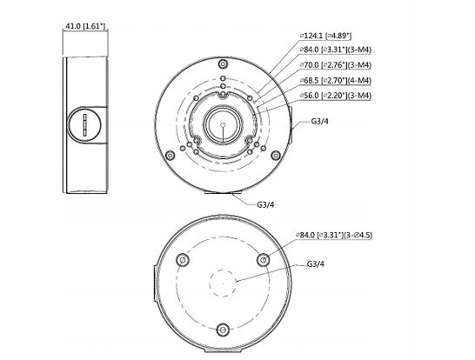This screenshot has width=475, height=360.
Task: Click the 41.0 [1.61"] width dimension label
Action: (85, 26)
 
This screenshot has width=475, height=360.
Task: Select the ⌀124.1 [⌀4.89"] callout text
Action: (325, 36)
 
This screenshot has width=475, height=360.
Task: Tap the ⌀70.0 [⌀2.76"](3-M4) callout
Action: (335, 65)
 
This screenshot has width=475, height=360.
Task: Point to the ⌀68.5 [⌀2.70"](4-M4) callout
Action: (335, 81)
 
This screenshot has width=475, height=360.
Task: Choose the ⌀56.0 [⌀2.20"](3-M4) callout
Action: (335, 96)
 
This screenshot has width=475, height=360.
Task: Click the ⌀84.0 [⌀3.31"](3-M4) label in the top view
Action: (335, 50)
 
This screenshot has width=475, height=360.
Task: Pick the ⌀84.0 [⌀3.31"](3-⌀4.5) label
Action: (334, 235)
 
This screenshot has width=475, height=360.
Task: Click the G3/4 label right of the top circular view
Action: (319, 122)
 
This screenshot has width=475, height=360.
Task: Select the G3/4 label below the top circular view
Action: (265, 204)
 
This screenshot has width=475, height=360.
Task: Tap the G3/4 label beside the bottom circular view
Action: (315, 264)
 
